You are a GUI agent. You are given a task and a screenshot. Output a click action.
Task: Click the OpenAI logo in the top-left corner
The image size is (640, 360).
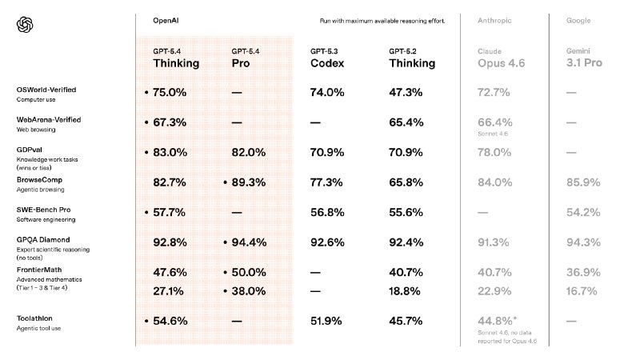click(25, 26)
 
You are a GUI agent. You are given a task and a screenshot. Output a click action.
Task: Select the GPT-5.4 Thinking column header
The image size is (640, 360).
click(176, 58)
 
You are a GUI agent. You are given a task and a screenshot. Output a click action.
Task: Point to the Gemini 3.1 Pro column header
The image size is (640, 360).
click(583, 58)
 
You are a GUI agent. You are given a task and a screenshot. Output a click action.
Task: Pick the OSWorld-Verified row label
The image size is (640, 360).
click(46, 90)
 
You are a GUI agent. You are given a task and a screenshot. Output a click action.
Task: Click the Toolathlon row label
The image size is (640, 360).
click(37, 318)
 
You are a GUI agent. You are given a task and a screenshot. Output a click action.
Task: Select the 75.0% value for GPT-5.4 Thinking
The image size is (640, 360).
click(170, 93)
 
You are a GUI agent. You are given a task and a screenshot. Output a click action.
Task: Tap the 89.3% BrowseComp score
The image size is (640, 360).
click(248, 182)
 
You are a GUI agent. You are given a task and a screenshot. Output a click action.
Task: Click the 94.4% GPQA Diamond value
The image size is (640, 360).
click(248, 242)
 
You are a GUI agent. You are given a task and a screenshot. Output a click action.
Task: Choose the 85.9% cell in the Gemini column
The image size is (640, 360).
click(583, 182)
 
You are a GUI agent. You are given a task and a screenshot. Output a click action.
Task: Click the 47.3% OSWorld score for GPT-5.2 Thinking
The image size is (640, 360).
click(406, 93)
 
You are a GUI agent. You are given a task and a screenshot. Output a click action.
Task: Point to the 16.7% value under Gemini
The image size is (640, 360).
click(583, 291)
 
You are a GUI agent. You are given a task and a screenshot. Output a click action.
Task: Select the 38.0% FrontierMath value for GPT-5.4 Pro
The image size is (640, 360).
click(248, 291)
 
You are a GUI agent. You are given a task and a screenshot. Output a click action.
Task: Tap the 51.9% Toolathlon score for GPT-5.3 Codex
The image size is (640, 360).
click(326, 321)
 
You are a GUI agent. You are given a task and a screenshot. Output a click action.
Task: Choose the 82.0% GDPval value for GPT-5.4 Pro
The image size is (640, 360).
click(248, 152)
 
